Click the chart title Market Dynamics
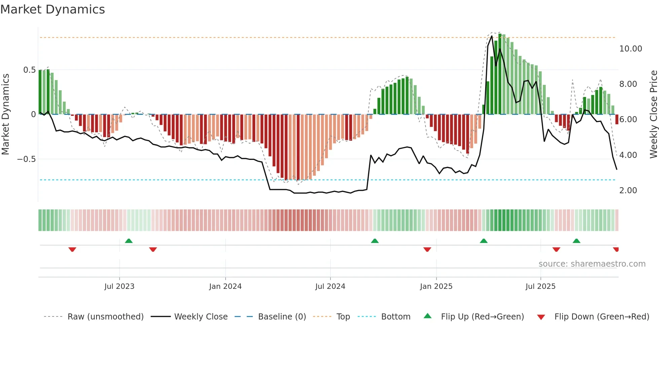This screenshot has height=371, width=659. tap(52, 9)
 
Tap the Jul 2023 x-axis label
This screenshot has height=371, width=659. tap(119, 286)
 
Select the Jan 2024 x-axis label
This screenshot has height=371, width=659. tap(225, 286)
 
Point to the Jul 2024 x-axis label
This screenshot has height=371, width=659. tap(330, 286)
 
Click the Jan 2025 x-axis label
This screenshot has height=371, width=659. tap(436, 286)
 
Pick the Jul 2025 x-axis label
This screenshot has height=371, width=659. tap(540, 286)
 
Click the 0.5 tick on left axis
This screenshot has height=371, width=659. tap(29, 70)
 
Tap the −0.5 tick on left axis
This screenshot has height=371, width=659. tap(27, 159)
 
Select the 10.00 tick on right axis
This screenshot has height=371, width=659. tap(630, 49)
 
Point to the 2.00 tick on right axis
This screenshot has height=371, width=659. tap(628, 191)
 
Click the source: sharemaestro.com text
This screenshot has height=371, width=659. tap(592, 264)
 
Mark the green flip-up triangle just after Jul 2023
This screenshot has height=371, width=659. tap(129, 241)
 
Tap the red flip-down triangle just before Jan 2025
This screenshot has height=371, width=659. tap(427, 249)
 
